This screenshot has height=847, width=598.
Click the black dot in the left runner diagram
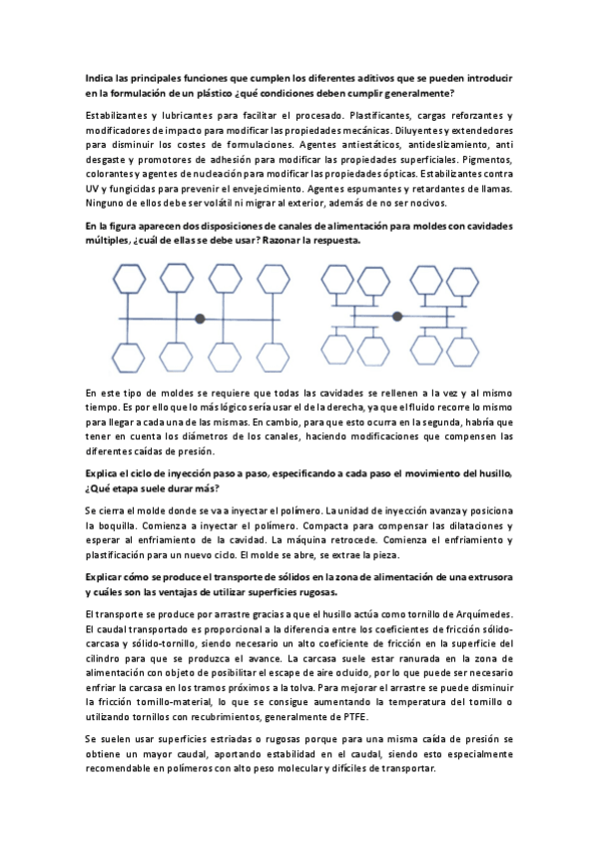tap(200, 318)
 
